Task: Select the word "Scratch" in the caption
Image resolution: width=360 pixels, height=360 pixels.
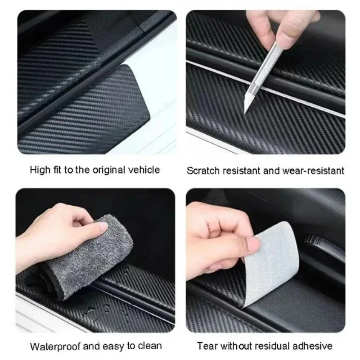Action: (x=202, y=171)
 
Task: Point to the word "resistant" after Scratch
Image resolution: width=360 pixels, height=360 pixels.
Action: (x=240, y=171)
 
